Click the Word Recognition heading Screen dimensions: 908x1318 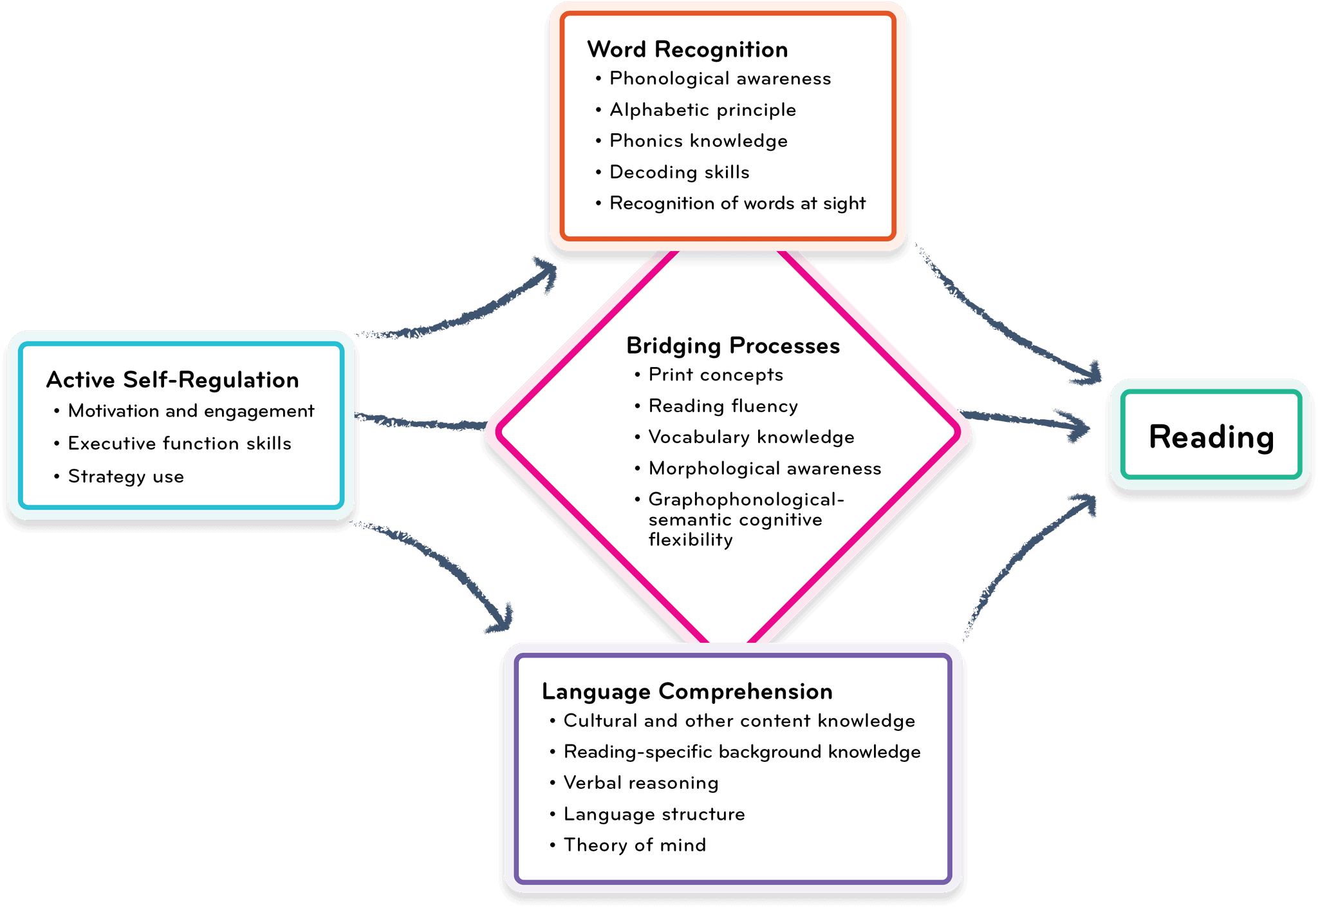(687, 50)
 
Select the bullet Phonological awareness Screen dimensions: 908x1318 (719, 79)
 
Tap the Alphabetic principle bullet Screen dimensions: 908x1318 (702, 110)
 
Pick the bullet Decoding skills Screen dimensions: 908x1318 (679, 173)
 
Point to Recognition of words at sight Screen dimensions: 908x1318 (737, 203)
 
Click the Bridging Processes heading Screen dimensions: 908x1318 (733, 346)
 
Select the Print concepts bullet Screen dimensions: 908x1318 (715, 375)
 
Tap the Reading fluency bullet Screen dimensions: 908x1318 (723, 406)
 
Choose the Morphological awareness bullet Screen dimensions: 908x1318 (765, 469)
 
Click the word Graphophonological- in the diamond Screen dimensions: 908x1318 (745, 500)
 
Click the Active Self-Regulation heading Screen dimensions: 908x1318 (172, 380)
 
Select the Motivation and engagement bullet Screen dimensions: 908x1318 (190, 411)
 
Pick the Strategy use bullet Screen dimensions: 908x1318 (125, 477)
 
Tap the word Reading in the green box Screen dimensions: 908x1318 (1211, 437)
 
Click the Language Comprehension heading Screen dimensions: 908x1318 (687, 692)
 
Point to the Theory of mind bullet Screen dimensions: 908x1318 (634, 846)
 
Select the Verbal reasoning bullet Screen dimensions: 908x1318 (640, 783)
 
